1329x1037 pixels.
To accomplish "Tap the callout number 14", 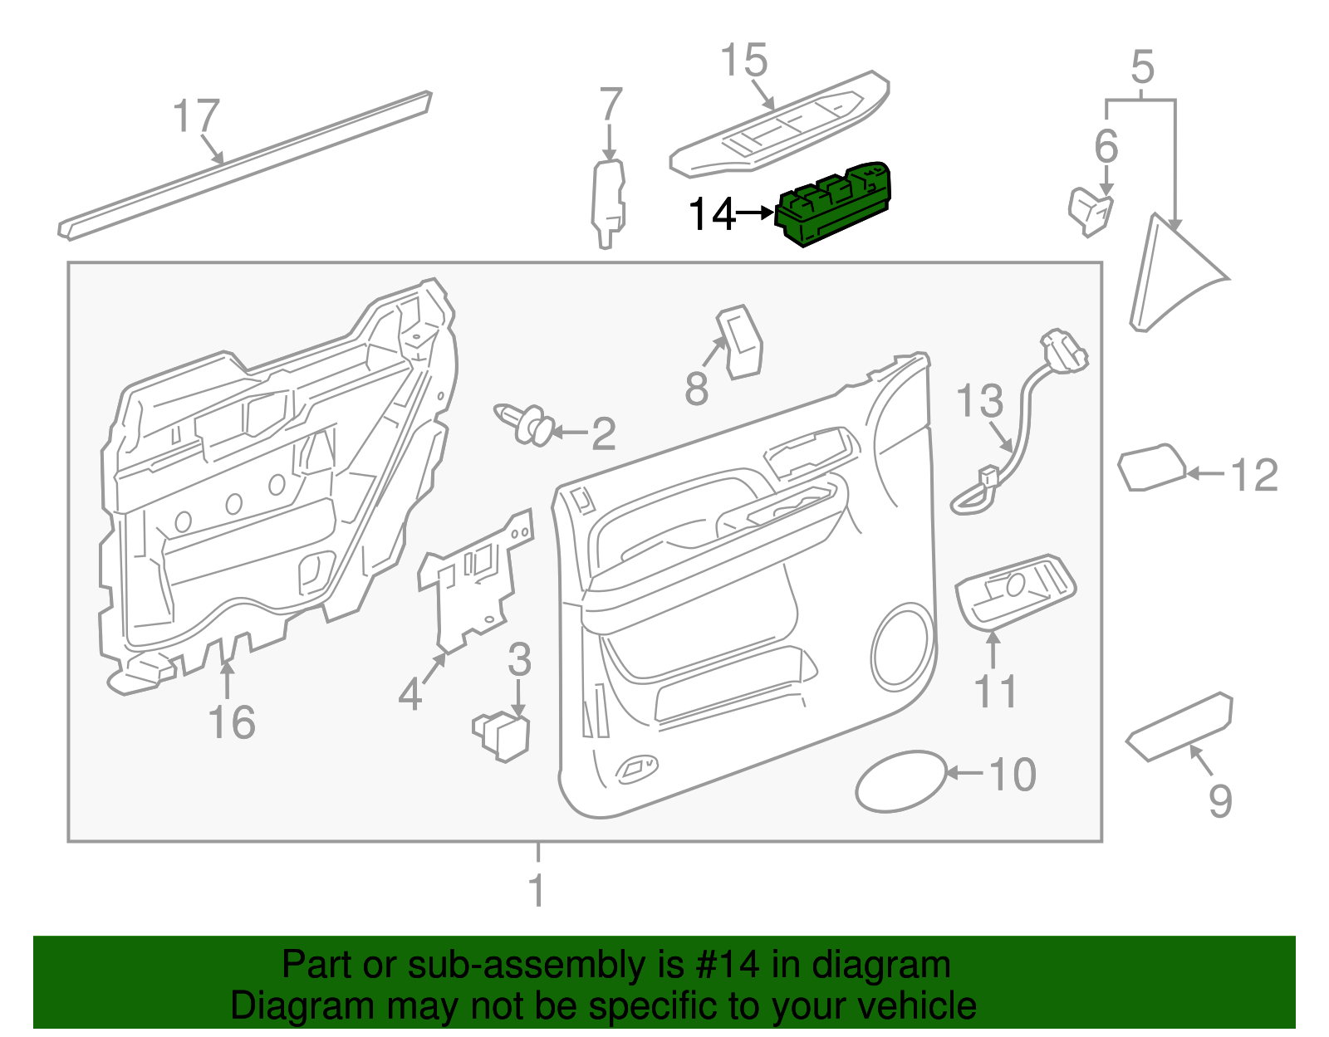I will click(x=713, y=214).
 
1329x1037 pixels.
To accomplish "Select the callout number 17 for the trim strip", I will click(x=196, y=116).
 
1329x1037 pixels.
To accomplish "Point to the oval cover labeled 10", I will click(x=900, y=781).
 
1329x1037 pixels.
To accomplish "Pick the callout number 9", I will click(x=1219, y=801).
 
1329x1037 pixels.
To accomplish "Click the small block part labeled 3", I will click(x=503, y=736).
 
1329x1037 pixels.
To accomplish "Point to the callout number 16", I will click(x=232, y=721).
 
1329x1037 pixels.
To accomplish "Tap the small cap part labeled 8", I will click(x=739, y=342).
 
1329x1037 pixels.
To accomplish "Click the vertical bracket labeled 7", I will click(x=608, y=203).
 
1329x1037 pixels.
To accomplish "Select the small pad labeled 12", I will click(x=1151, y=468).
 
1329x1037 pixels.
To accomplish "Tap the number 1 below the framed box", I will click(x=537, y=890).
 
